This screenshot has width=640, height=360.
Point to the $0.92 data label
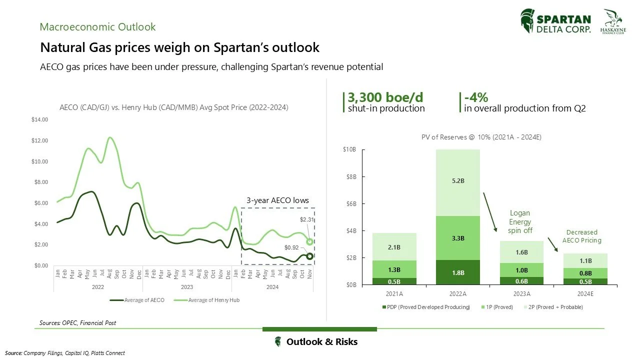(291, 247)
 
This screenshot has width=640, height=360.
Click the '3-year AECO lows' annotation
(277, 200)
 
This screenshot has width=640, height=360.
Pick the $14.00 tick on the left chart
(40, 119)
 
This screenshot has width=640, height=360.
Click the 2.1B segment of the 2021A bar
(394, 247)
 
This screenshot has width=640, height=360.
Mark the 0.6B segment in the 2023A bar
(522, 280)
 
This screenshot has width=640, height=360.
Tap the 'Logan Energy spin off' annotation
(520, 221)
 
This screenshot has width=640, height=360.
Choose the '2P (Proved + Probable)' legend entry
(555, 307)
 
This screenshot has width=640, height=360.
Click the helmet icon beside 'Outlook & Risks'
(277, 342)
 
